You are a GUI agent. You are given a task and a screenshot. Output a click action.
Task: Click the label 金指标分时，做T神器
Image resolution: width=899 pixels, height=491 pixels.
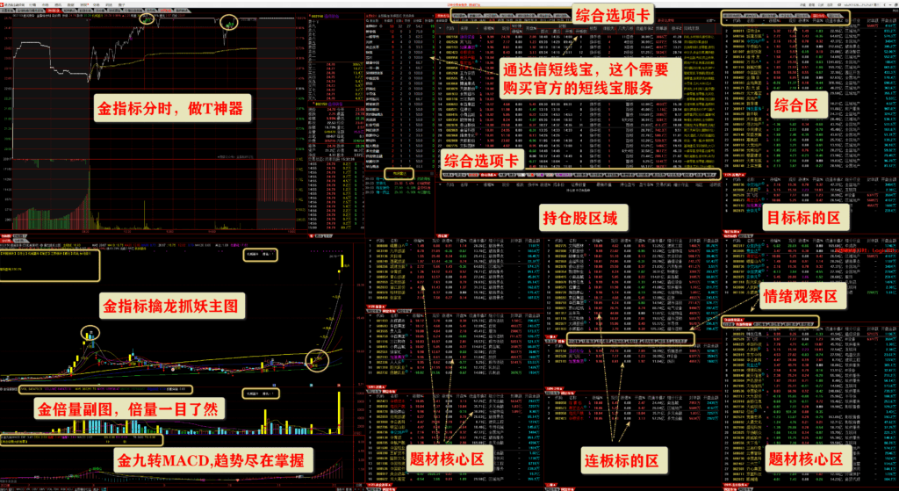coord(172,110)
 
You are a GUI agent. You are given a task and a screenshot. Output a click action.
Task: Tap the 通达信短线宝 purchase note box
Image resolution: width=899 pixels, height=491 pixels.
coord(585,78)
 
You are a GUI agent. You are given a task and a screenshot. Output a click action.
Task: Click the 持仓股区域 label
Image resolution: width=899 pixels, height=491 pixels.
coord(586,216)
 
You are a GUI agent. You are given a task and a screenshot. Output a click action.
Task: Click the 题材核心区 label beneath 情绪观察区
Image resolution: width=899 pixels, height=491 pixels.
coord(805,459)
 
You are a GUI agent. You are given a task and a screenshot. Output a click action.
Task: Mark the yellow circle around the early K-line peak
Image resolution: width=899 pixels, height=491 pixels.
coord(90,333)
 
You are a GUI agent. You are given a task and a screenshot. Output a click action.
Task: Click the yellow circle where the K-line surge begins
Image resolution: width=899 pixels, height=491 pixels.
coord(315,357)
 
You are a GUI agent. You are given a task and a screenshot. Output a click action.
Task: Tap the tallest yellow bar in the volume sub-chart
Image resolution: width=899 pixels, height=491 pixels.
coord(340,414)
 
